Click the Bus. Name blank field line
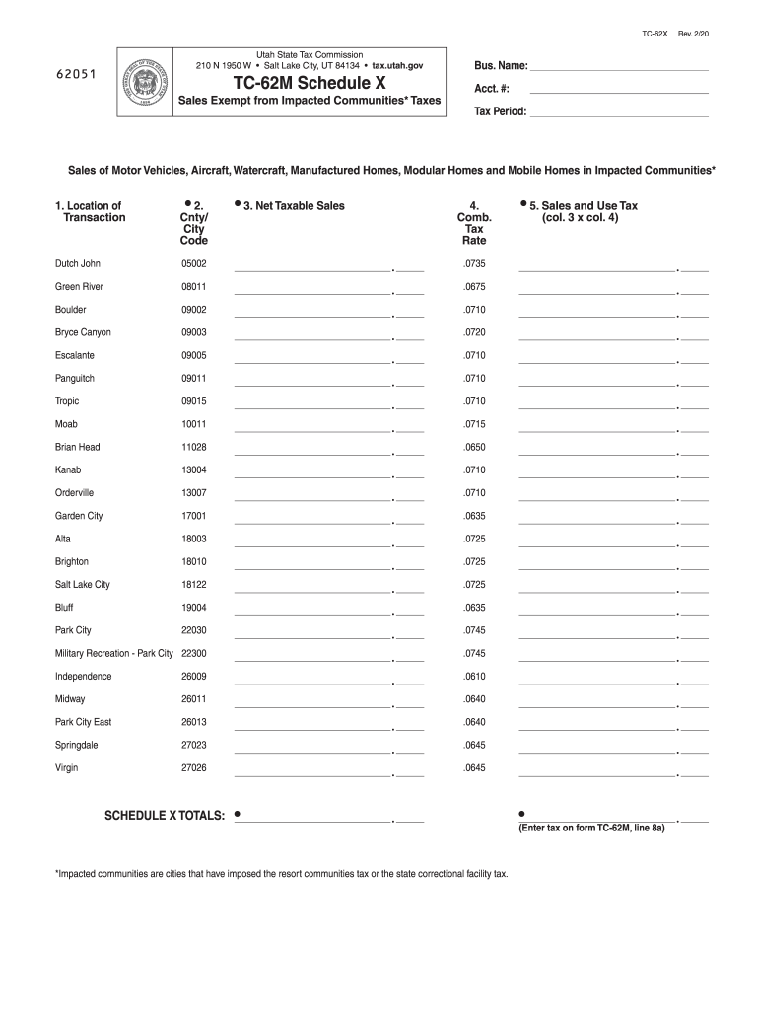tap(619, 69)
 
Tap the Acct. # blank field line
tap(619, 92)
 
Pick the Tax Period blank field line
tap(619, 114)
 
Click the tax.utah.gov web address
tap(397, 65)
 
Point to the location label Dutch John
tap(78, 264)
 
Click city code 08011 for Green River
tap(193, 287)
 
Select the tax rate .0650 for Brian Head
tap(474, 447)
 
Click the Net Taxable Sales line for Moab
tap(312, 429)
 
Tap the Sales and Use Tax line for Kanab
tap(597, 474)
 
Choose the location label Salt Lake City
tap(83, 585)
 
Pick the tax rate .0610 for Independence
tap(474, 677)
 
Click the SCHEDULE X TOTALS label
tap(166, 816)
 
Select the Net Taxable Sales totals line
tap(312, 820)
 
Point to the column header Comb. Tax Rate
tap(474, 224)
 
